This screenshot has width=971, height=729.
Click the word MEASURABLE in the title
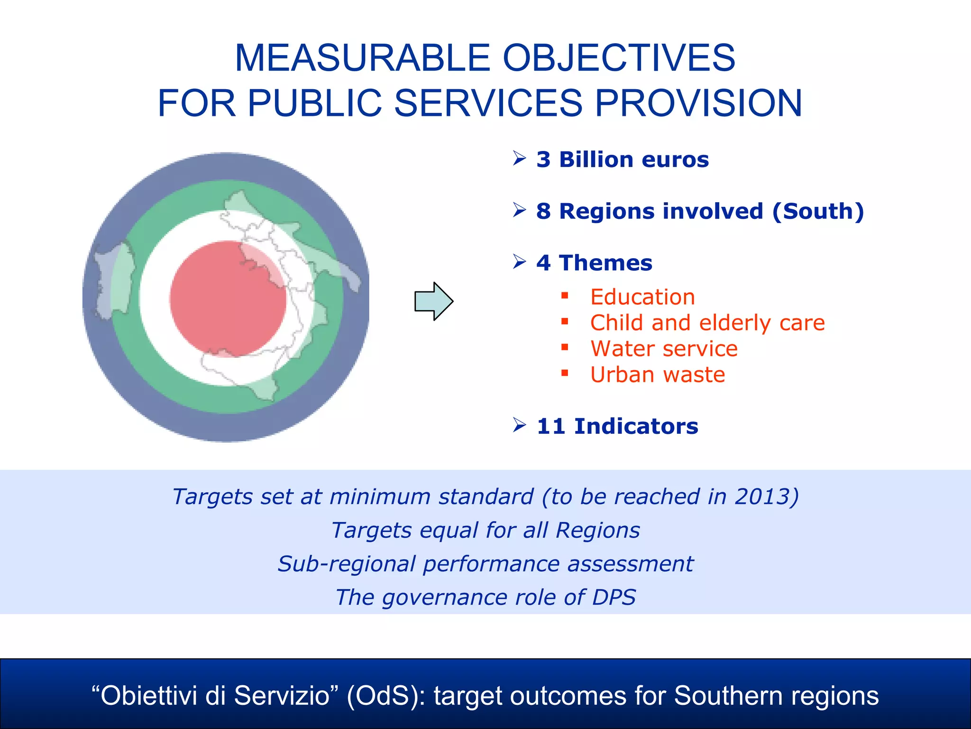click(362, 58)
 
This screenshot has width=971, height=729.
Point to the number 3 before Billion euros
click(543, 159)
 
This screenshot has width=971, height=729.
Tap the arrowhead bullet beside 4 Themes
click(520, 262)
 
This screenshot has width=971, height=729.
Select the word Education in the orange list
click(642, 297)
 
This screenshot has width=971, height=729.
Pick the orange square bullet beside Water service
click(564, 347)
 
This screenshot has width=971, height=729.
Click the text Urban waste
click(658, 375)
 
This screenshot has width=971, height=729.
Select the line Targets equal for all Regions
click(485, 530)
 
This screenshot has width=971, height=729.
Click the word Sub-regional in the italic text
click(347, 564)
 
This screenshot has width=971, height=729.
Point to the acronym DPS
click(614, 597)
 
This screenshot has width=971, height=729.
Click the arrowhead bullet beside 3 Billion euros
click(520, 158)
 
